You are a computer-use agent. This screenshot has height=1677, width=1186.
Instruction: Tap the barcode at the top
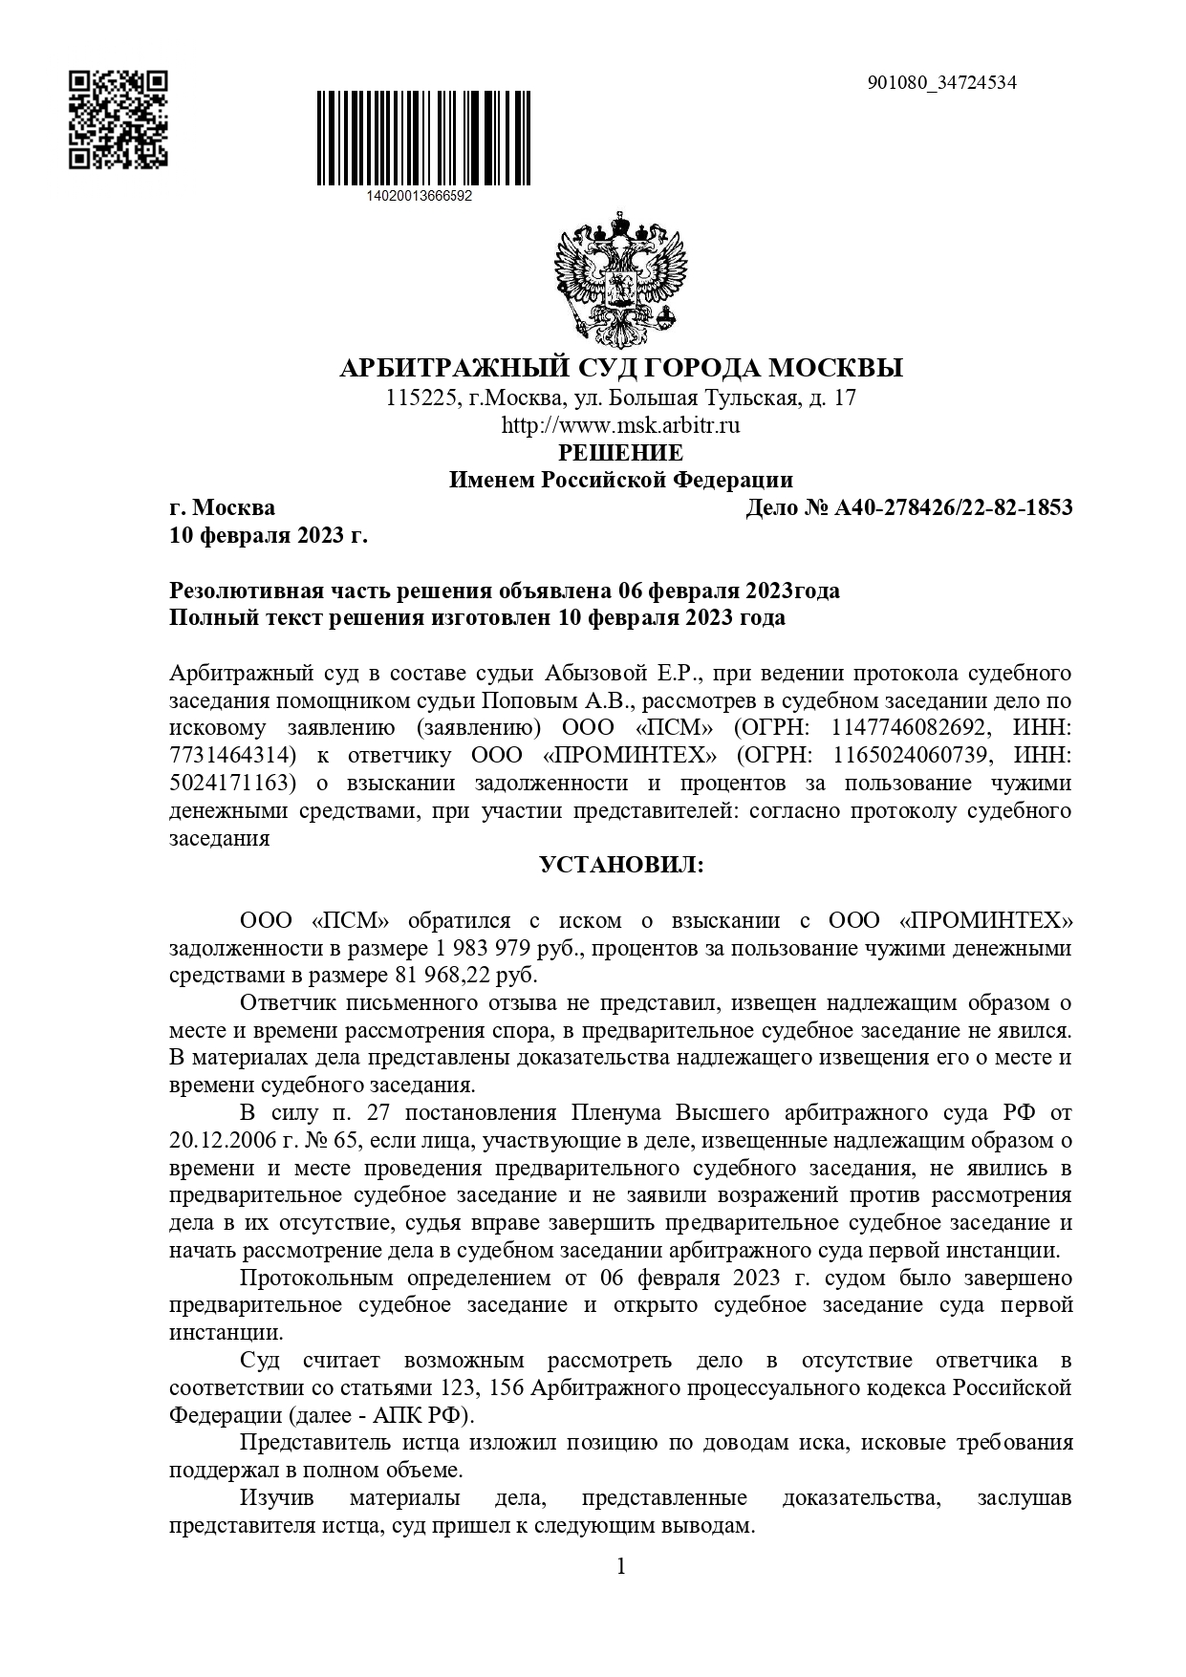pyautogui.click(x=425, y=138)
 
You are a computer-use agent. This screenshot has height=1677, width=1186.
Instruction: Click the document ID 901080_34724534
pyautogui.click(x=941, y=82)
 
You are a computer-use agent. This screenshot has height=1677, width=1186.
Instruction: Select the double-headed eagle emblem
pyautogui.click(x=621, y=277)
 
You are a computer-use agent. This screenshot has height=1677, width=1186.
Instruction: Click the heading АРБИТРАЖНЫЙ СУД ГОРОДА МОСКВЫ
pyautogui.click(x=621, y=368)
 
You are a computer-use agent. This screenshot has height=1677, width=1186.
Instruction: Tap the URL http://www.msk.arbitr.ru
pyautogui.click(x=621, y=425)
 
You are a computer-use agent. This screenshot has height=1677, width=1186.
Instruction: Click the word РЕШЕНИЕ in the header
pyautogui.click(x=621, y=452)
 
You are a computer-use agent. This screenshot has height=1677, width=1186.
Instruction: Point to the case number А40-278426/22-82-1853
pyautogui.click(x=953, y=507)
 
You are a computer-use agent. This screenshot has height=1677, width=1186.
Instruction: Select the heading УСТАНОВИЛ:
pyautogui.click(x=621, y=866)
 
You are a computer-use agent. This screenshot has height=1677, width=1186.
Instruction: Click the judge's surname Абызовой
pyautogui.click(x=600, y=673)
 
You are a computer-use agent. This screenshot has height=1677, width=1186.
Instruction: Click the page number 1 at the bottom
pyautogui.click(x=621, y=1567)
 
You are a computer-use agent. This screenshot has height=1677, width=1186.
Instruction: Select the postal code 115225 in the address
pyautogui.click(x=418, y=398)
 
